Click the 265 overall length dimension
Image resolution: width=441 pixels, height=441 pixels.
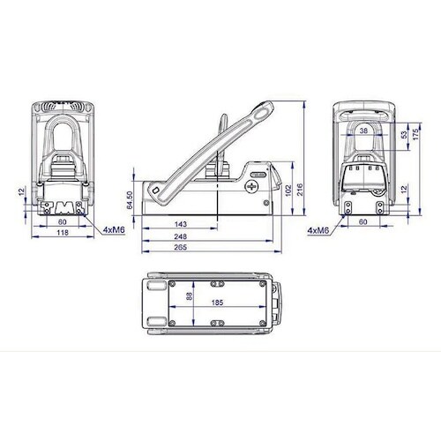click(x=180, y=247)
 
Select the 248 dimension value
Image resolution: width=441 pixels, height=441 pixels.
click(x=180, y=236)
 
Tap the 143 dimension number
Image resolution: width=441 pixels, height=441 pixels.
click(x=181, y=224)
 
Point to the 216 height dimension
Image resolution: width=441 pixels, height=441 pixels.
click(x=300, y=190)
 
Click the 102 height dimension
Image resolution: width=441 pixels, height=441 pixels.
click(x=288, y=191)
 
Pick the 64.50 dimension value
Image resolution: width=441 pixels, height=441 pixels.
click(x=130, y=200)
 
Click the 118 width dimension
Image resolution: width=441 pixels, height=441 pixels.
click(x=63, y=233)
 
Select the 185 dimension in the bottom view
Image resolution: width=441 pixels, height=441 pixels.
click(x=217, y=303)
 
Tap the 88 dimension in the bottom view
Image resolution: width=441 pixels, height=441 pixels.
click(x=190, y=295)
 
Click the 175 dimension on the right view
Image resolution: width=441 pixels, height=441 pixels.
click(x=415, y=134)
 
